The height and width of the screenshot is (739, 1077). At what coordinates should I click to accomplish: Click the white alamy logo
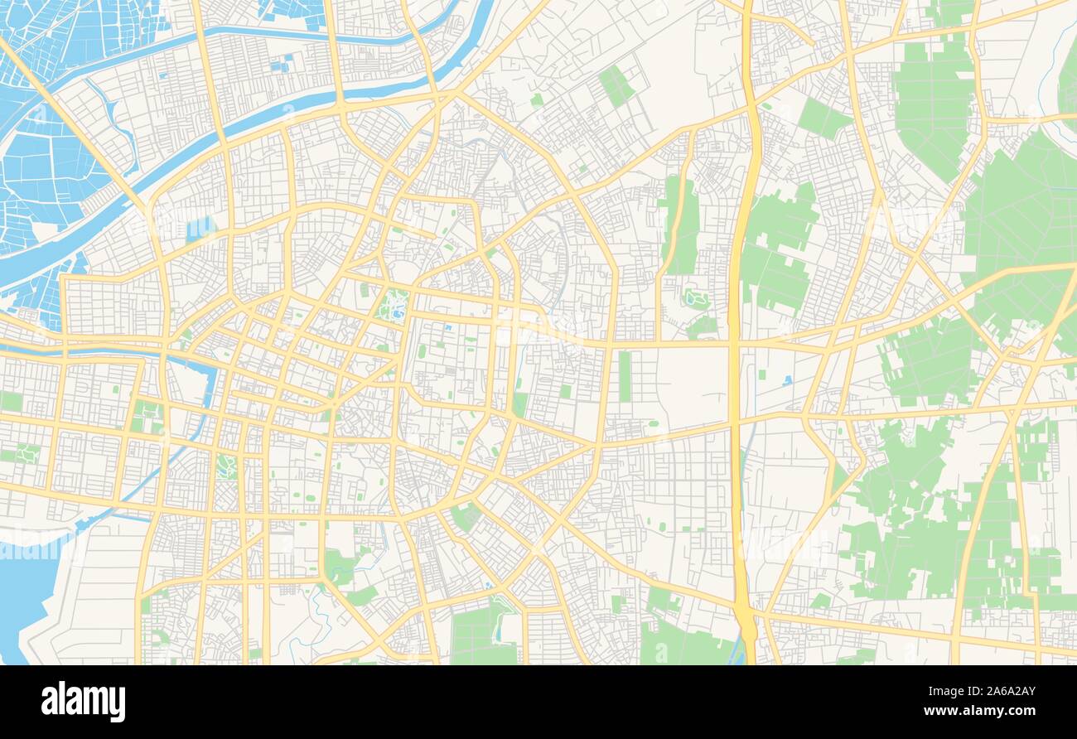pos(83,702)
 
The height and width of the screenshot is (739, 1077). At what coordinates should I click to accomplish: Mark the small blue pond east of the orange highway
pos(786,380)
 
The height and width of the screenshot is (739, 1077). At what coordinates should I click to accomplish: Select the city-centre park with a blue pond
pos(393,306)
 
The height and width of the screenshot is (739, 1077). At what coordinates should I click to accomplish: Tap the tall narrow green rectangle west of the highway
pos(624,376)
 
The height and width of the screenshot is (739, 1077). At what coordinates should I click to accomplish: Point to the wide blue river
pos(249,124)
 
